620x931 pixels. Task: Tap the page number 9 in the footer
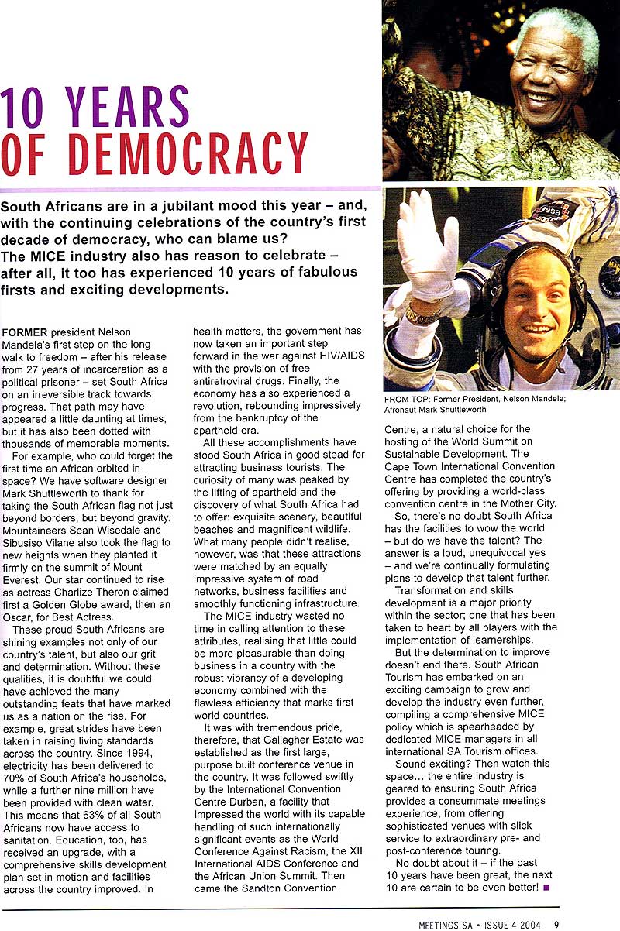[x=556, y=922]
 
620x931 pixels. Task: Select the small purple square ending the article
[x=547, y=887]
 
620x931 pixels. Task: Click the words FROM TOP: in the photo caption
[x=405, y=400]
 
